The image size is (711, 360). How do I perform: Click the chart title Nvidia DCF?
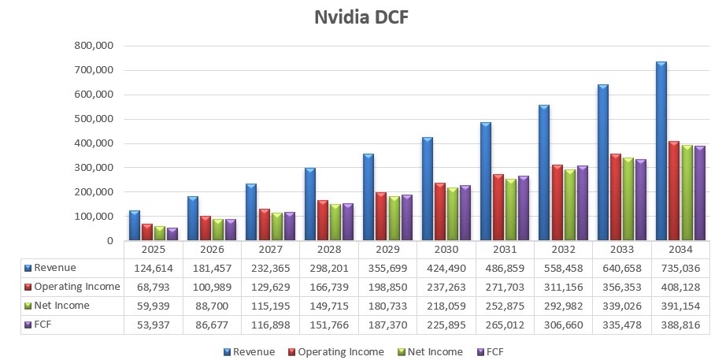click(x=361, y=17)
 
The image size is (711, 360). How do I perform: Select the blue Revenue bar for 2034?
click(x=661, y=151)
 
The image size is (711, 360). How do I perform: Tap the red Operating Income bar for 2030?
click(x=440, y=212)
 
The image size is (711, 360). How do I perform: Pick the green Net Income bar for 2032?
click(x=569, y=205)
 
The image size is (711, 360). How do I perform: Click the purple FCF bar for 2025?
click(x=172, y=234)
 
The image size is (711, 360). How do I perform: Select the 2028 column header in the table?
click(x=329, y=250)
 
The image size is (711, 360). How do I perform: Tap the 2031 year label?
click(x=505, y=250)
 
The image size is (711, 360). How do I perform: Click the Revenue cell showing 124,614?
click(x=154, y=268)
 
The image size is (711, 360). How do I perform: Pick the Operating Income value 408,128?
click(x=680, y=287)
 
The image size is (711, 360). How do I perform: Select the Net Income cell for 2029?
click(x=387, y=306)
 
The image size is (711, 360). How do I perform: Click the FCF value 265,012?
click(x=505, y=325)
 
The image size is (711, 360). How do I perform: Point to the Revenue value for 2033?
click(x=622, y=268)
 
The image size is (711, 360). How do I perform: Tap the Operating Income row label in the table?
click(x=77, y=287)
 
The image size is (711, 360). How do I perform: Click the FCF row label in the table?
click(x=43, y=325)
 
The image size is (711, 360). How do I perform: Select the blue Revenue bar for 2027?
click(x=251, y=212)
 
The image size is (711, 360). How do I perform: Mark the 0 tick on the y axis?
click(x=110, y=241)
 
